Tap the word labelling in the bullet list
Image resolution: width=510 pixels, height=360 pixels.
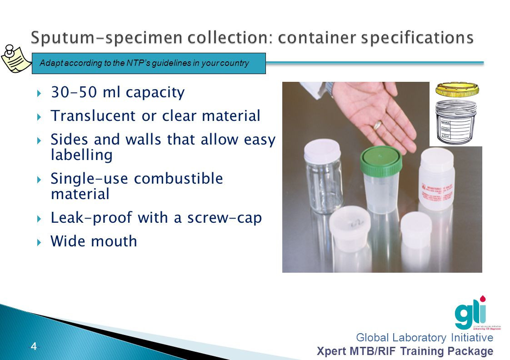coord(81,155)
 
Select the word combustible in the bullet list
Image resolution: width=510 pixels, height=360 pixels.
coord(179,178)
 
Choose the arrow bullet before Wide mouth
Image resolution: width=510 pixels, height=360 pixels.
coord(40,241)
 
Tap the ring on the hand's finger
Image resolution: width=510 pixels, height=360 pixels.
coord(378,124)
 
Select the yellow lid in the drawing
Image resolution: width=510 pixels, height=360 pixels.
coord(457,90)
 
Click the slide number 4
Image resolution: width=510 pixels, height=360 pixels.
coord(34,347)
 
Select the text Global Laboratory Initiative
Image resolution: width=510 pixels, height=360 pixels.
coord(424,337)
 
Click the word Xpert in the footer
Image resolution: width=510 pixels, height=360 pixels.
coord(330,351)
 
